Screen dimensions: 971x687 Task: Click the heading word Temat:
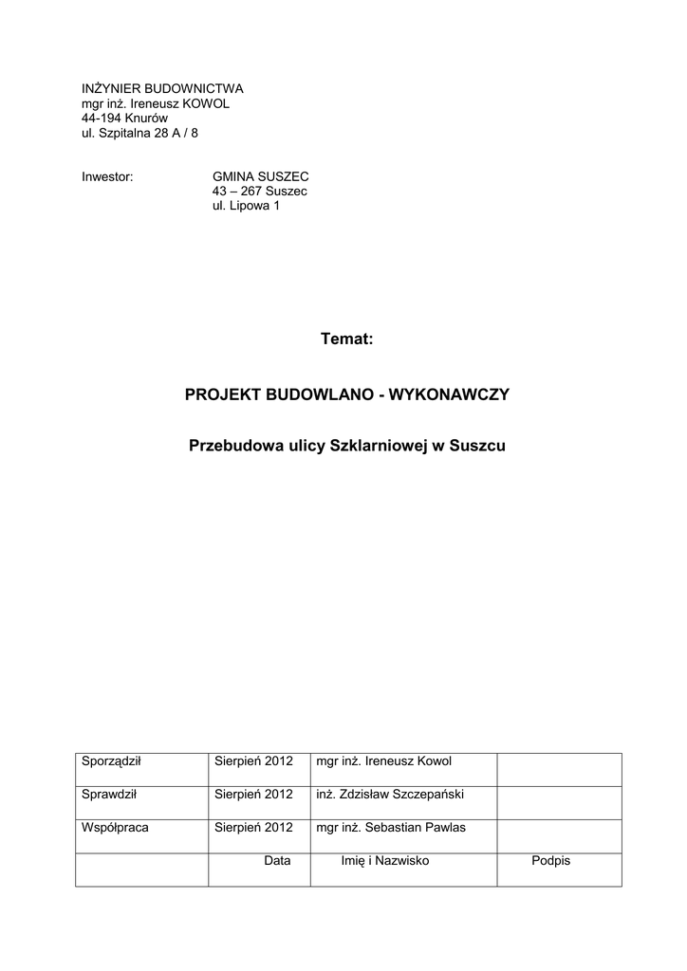[348, 339]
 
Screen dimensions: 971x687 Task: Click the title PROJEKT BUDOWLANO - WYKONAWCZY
[347, 394]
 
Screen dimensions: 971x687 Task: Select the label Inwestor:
[106, 176]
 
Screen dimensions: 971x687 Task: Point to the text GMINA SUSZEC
[261, 176]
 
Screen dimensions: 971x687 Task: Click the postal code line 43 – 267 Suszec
[260, 192]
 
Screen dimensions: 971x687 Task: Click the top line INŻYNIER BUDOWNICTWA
[162, 88]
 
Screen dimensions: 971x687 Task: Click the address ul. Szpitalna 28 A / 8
[139, 133]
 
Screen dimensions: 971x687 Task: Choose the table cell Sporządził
[111, 761]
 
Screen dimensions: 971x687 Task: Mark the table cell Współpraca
[115, 827]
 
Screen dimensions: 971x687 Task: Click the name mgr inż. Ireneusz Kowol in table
[383, 761]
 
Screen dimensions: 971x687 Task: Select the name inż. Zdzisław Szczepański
[389, 795]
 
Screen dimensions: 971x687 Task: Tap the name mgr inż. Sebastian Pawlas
[390, 827]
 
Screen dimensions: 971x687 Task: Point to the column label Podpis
[551, 860]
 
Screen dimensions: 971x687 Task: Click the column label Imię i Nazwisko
[385, 860]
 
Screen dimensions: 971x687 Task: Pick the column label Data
[277, 860]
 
